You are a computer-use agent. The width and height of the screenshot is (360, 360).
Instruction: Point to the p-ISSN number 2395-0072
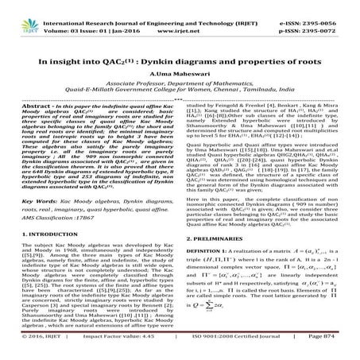click(x=326, y=17)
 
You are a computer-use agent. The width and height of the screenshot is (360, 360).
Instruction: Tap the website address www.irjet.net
click(x=184, y=17)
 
